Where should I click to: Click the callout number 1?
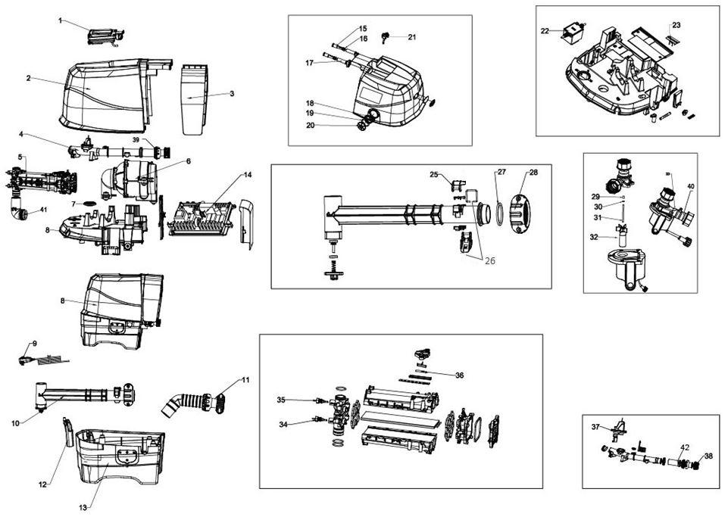60,20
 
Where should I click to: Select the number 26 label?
490,261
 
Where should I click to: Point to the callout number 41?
43,210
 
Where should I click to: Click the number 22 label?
545,31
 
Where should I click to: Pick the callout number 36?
459,375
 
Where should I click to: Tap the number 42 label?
685,447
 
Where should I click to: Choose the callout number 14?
248,175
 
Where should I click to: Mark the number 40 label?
690,186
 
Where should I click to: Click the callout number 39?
136,140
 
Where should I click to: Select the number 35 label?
281,400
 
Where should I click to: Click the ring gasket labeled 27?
499,213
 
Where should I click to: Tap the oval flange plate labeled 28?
521,213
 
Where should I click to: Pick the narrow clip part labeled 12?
67,431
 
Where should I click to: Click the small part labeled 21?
384,36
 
